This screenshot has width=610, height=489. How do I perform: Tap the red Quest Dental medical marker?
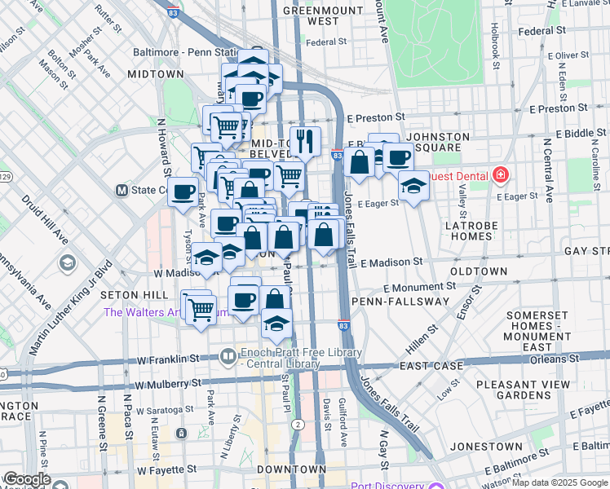click(499, 174)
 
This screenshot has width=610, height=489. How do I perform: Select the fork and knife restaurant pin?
click(305, 141)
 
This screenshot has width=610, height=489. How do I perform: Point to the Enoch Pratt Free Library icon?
click(228, 355)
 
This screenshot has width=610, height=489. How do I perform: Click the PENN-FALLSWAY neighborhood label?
click(400, 302)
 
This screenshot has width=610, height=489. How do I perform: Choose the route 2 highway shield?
click(298, 425)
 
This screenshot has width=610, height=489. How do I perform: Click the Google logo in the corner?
click(26, 479)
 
